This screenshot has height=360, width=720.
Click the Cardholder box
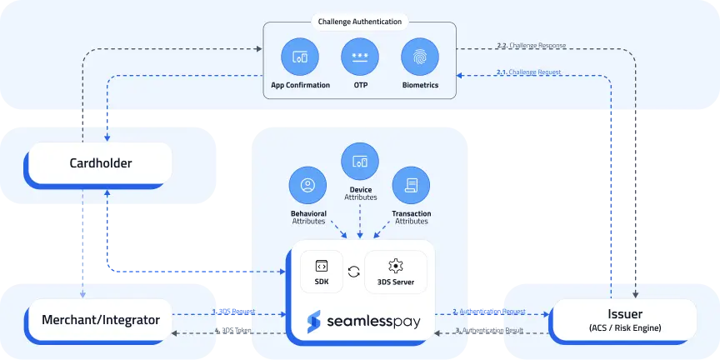(100, 163)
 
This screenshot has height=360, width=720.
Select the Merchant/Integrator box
(100, 319)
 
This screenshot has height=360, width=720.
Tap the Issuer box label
(625, 313)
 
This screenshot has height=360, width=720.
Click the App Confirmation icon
(300, 57)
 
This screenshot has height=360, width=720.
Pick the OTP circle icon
(360, 57)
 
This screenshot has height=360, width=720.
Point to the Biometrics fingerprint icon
(419, 57)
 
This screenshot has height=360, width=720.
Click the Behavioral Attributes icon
(308, 186)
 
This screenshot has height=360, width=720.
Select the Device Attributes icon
(360, 162)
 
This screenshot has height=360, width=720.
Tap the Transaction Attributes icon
(411, 186)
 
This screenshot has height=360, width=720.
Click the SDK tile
(321, 272)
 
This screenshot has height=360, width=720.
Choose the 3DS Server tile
(396, 272)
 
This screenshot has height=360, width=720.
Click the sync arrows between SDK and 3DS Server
(354, 271)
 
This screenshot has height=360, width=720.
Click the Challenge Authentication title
(360, 22)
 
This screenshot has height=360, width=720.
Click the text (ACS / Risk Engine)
(625, 327)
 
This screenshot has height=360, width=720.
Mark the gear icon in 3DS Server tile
(396, 266)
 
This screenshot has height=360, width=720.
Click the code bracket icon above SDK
(321, 266)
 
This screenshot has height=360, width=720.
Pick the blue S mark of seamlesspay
(314, 321)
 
